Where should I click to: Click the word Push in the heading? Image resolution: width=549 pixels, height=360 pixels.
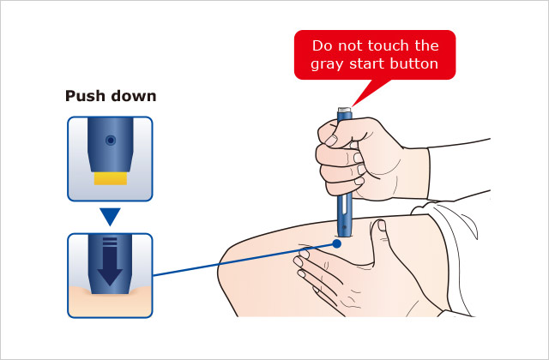(85, 96)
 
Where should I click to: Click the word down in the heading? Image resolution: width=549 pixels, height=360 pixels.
(134, 96)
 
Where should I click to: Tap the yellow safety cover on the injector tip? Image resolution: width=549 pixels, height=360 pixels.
(111, 178)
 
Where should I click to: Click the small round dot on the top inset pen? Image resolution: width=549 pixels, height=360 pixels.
(111, 141)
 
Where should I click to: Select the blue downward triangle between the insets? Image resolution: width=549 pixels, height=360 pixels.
(110, 217)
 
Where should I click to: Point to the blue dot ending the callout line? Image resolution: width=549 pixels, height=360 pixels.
(337, 243)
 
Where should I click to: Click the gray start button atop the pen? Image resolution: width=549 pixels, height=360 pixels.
(345, 110)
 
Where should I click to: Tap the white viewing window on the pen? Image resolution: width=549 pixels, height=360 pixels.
(345, 204)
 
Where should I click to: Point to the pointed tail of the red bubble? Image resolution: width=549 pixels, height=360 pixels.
(353, 105)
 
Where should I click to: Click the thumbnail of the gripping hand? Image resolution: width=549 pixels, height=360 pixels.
(331, 141)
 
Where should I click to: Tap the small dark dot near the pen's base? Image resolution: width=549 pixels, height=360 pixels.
(345, 227)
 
